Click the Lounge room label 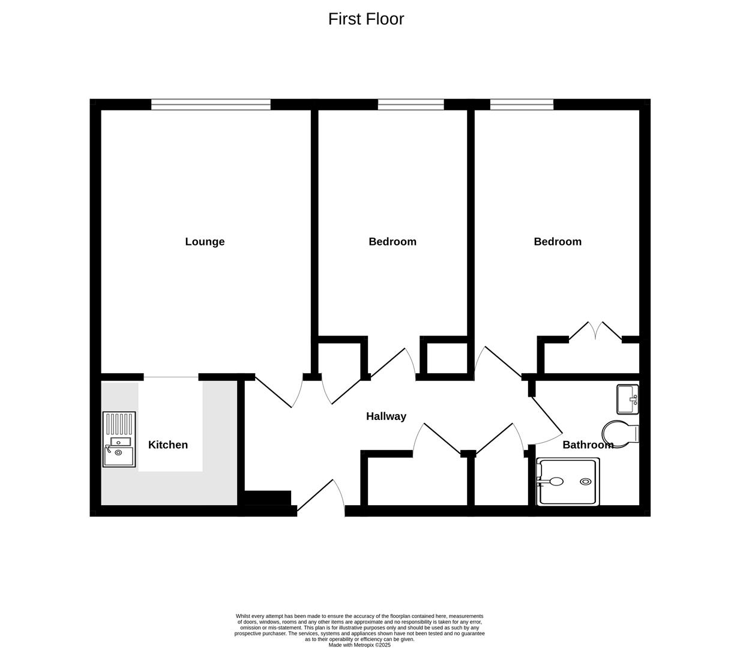pos(205,242)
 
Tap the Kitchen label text pos(168,445)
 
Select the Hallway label pos(386,416)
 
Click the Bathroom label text pos(588,445)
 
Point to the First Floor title pos(366,19)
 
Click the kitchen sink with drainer pos(119,439)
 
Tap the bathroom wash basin pos(628,399)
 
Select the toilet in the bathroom pos(620,433)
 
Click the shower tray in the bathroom pos(568,482)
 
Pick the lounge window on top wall pos(211,105)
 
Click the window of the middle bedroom pos(411,105)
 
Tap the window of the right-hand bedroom pos(522,105)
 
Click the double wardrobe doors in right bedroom pos(595,331)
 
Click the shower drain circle pos(585,482)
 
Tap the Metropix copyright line pos(359,645)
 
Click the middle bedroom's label pos(393,242)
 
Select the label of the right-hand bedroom pos(558,242)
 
